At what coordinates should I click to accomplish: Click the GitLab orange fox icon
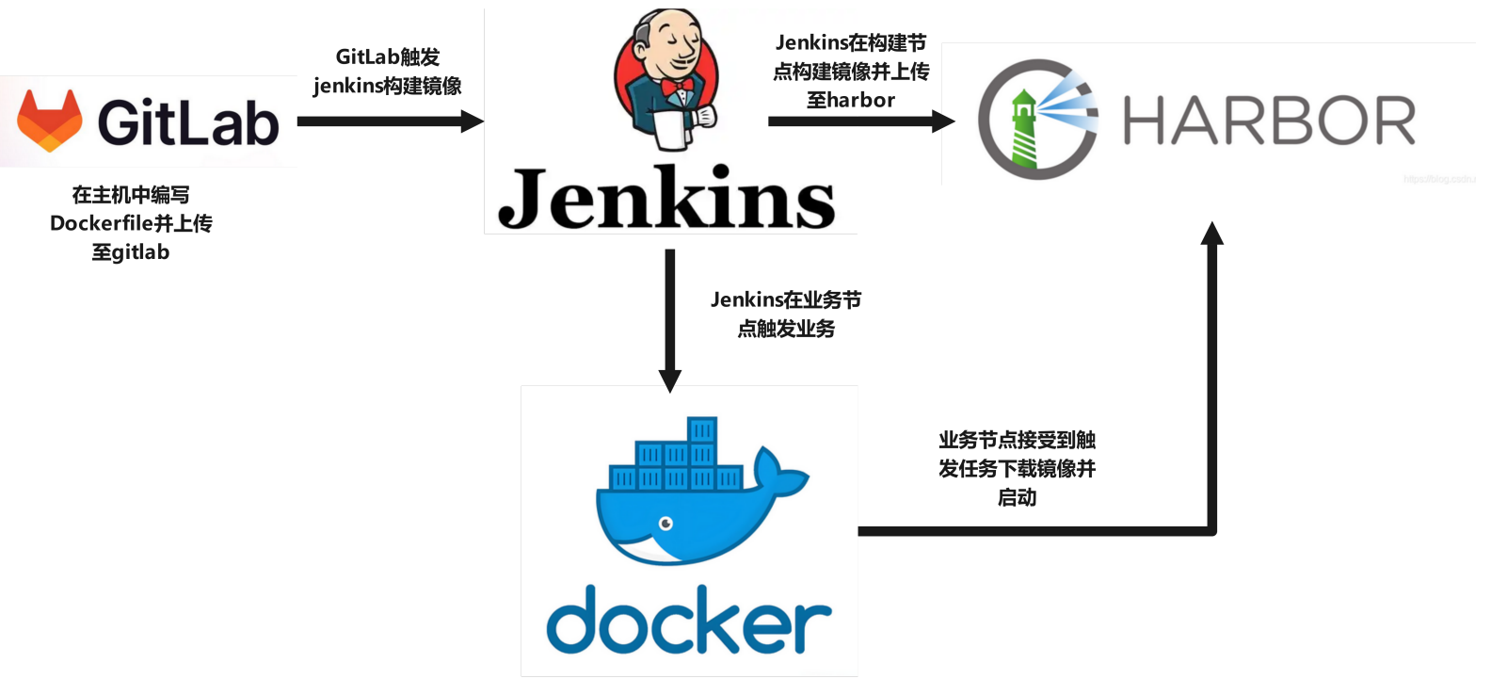click(49, 121)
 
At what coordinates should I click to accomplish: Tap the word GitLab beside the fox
click(188, 123)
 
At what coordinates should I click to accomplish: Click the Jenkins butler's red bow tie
click(677, 88)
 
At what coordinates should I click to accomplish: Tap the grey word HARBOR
click(1269, 121)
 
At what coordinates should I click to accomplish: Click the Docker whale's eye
click(665, 524)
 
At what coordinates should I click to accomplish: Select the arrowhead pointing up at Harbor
click(1212, 234)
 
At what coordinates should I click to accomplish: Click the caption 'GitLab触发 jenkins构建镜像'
click(388, 72)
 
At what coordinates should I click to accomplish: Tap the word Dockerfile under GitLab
click(101, 223)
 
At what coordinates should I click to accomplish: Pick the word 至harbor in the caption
click(851, 100)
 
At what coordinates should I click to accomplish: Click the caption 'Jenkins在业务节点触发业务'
click(786, 314)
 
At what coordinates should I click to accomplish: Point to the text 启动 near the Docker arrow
click(1017, 497)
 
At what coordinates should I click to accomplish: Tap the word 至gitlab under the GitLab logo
click(131, 252)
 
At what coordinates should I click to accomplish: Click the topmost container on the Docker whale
click(702, 430)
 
